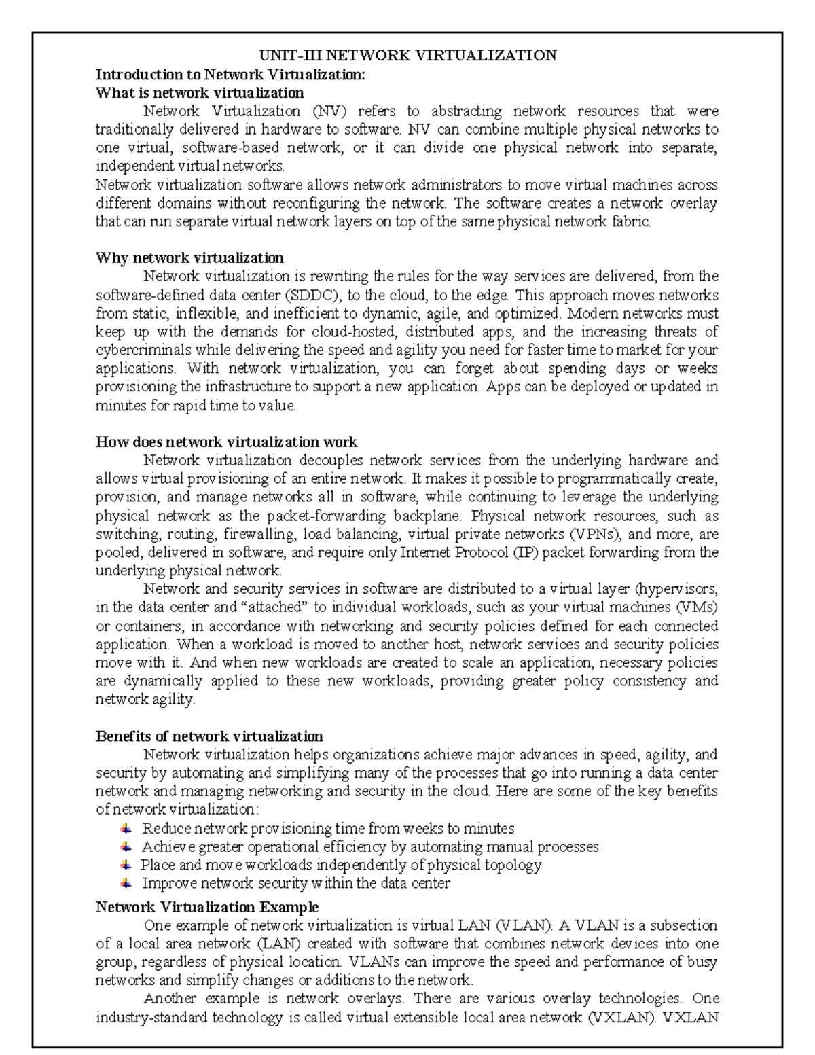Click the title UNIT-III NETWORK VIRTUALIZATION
pos(407,56)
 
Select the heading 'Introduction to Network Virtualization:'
pos(230,74)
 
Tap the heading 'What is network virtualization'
pos(200,92)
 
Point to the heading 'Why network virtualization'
pos(189,258)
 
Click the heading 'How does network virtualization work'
pos(226,442)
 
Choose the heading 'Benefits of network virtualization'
pos(209,736)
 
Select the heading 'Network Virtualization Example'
pos(207,908)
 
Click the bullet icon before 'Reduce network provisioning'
pos(126,828)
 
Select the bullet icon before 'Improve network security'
pos(126,883)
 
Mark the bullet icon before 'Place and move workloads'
pos(126,865)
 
